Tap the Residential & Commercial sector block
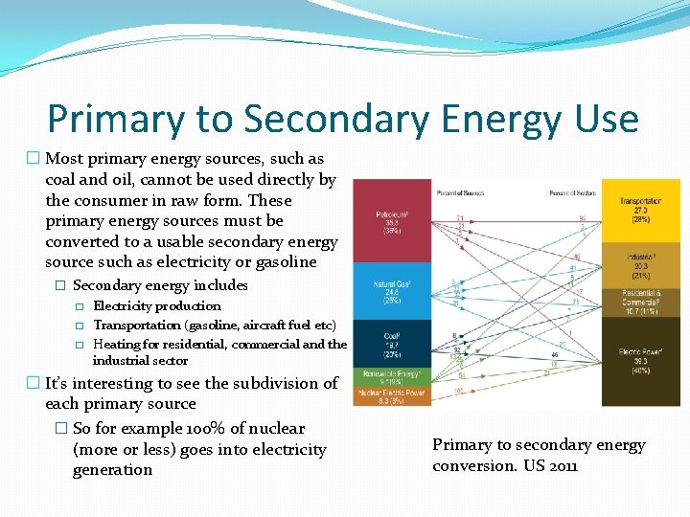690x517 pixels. tap(640, 302)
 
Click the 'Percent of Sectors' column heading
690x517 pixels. tap(573, 194)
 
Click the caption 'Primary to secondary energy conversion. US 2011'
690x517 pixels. tap(539, 455)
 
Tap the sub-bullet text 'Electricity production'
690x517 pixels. tap(156, 306)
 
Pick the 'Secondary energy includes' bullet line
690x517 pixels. tap(160, 285)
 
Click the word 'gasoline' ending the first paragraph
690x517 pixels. tap(286, 262)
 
